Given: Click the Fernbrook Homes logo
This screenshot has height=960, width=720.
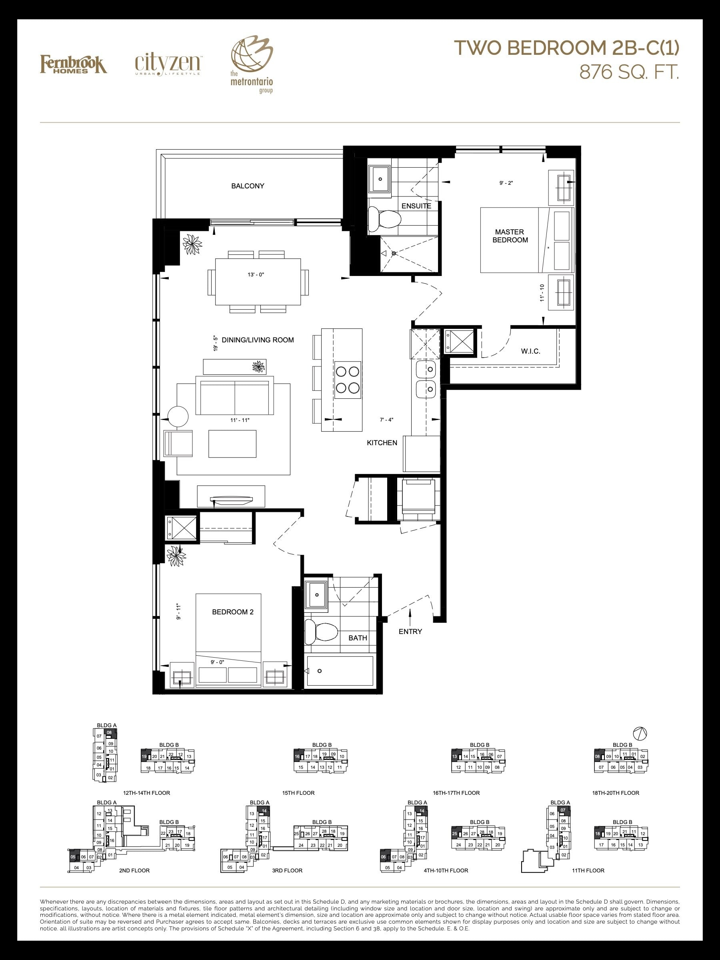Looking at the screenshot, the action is pyautogui.click(x=73, y=64).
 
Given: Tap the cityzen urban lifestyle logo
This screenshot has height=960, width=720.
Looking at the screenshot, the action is pyautogui.click(x=168, y=65).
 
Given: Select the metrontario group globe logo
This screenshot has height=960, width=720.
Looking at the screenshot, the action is pyautogui.click(x=251, y=65).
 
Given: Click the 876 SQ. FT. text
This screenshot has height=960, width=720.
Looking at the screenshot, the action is pyautogui.click(x=629, y=72).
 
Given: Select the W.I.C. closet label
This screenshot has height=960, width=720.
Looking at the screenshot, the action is pyautogui.click(x=530, y=351).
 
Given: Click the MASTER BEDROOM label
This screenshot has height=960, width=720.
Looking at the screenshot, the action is pyautogui.click(x=510, y=236).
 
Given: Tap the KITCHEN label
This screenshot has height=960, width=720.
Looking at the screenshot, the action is pyautogui.click(x=382, y=443).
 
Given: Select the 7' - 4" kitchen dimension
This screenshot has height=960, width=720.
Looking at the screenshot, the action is pyautogui.click(x=386, y=420).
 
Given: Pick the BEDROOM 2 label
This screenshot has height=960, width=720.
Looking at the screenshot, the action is pyautogui.click(x=233, y=612).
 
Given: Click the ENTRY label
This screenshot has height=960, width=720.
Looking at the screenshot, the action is pyautogui.click(x=410, y=632).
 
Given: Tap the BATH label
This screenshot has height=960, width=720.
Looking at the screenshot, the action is pyautogui.click(x=358, y=638).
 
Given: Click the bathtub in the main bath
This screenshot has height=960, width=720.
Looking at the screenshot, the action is pyautogui.click(x=340, y=671).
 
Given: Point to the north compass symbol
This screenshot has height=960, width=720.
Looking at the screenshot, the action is pyautogui.click(x=640, y=734).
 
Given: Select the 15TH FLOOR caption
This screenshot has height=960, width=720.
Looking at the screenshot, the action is pyautogui.click(x=298, y=793).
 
